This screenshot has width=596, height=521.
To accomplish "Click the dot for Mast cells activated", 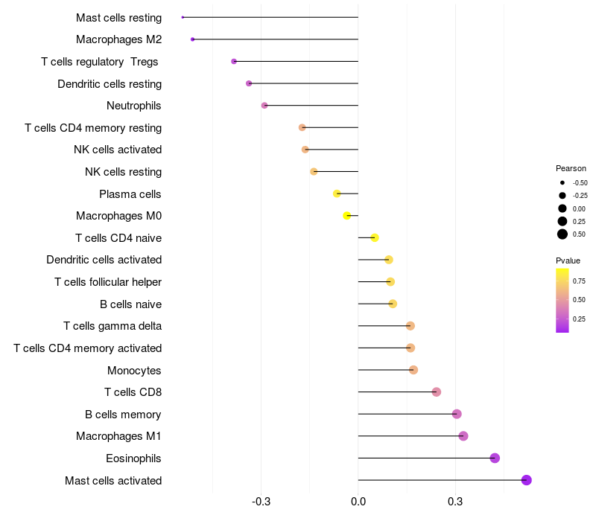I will pyautogui.click(x=526, y=480).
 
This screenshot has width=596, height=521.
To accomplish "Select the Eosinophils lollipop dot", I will pyautogui.click(x=495, y=458).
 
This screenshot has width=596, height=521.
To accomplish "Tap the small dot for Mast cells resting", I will pyautogui.click(x=183, y=17).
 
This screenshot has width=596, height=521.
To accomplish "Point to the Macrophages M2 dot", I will pyautogui.click(x=193, y=39).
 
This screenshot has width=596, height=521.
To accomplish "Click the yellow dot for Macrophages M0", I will pyautogui.click(x=347, y=216).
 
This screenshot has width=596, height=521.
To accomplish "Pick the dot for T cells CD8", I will pyautogui.click(x=437, y=392).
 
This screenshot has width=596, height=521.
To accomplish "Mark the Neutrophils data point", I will pyautogui.click(x=264, y=106).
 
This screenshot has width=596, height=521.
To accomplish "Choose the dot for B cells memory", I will pyautogui.click(x=457, y=414).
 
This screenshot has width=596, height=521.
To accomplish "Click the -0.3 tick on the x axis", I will pyautogui.click(x=261, y=502).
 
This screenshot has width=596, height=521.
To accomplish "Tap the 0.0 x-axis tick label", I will pyautogui.click(x=358, y=502).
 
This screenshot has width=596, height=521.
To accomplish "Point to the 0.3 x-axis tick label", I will pyautogui.click(x=456, y=502).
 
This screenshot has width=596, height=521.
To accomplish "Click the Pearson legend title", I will pyautogui.click(x=571, y=168).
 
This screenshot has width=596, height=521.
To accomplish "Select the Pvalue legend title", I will pyautogui.click(x=568, y=260).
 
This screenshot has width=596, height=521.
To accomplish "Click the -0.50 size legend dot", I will pyautogui.click(x=562, y=182).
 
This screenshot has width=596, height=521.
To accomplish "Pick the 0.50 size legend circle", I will pyautogui.click(x=562, y=234).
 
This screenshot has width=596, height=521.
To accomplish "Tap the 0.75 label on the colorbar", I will pyautogui.click(x=579, y=281).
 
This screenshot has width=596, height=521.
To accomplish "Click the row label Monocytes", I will pyautogui.click(x=134, y=370).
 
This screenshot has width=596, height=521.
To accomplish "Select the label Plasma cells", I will pyautogui.click(x=130, y=194).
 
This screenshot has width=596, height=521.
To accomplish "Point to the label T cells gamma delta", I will pyautogui.click(x=112, y=326).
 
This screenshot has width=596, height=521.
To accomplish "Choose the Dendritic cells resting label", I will pyautogui.click(x=110, y=84).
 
